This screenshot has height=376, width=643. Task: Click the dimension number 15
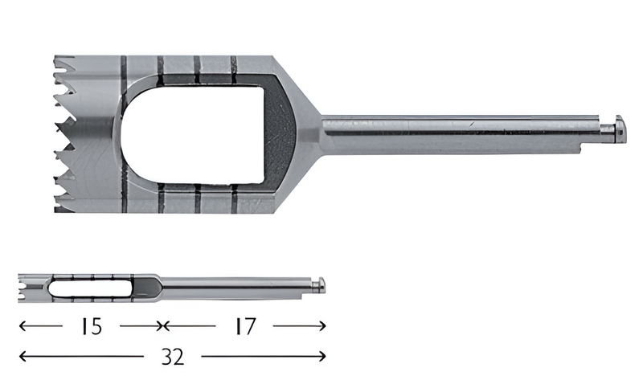91,326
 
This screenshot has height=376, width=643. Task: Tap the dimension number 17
244,326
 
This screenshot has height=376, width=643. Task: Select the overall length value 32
172,356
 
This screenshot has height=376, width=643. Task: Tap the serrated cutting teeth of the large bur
66,133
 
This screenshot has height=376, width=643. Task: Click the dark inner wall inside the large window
279,133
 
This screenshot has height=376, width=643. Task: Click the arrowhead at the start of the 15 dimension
22,326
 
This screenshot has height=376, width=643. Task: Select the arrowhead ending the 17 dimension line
323,326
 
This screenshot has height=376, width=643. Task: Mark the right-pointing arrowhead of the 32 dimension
323,356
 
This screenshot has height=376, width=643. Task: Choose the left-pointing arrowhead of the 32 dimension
22,356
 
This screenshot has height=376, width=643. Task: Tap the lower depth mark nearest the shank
235,198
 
